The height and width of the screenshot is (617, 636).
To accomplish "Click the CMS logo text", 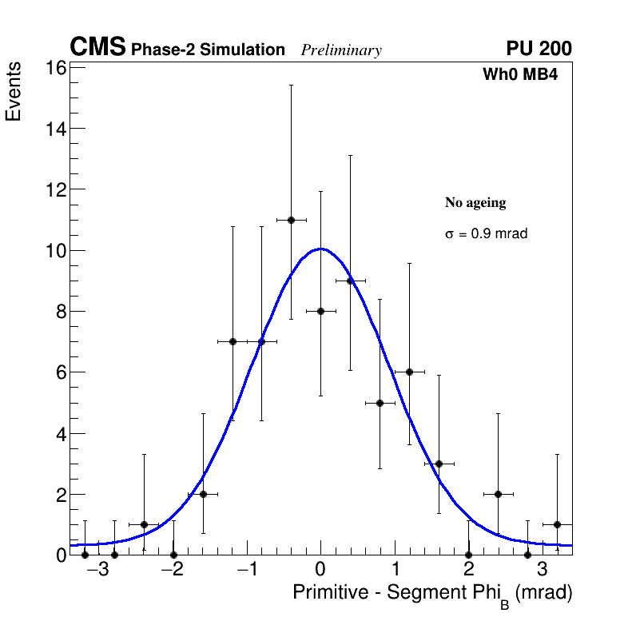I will (97, 48).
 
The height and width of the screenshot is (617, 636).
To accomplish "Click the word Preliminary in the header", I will (341, 50).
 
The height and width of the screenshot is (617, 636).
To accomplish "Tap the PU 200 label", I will (539, 49).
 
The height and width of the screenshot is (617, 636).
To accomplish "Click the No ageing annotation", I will (475, 203).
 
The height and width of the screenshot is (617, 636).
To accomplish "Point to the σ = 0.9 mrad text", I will (486, 234).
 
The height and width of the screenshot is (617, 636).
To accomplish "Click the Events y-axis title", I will (14, 93).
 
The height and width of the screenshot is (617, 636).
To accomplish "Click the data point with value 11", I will (291, 220).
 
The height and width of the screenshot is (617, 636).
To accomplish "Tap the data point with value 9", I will (350, 281).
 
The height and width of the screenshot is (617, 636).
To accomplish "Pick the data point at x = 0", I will (320, 311).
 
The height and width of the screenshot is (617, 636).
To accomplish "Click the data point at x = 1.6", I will (439, 464).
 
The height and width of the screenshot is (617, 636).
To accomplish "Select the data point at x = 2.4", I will (498, 494).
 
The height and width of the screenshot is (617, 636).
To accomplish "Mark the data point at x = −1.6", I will (203, 494).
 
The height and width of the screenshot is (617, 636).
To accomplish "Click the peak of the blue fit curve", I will (320, 249).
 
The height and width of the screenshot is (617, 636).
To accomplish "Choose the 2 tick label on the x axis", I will (468, 570).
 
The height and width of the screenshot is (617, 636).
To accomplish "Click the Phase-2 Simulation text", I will (208, 50).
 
